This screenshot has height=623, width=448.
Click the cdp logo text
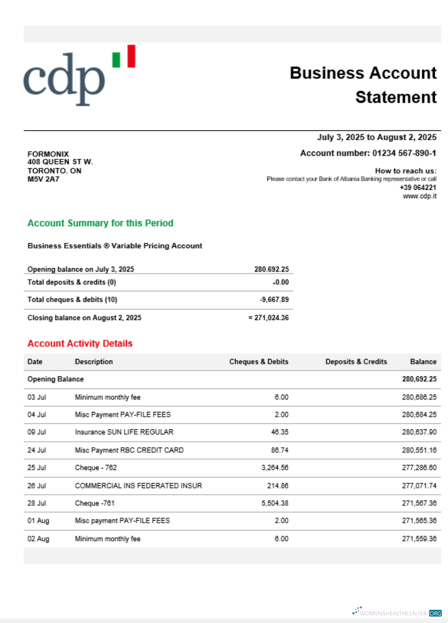pyautogui.click(x=64, y=79)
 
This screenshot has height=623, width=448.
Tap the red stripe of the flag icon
pyautogui.click(x=130, y=55)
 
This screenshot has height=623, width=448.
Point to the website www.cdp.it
pyautogui.click(x=419, y=196)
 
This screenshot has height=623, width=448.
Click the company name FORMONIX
pyautogui.click(x=49, y=154)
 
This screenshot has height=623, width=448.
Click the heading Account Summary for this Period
pyautogui.click(x=100, y=223)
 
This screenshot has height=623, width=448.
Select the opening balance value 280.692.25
pyautogui.click(x=271, y=270)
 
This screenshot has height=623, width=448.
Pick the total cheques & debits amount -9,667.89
pyautogui.click(x=274, y=300)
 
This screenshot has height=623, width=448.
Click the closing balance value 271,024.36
pyautogui.click(x=271, y=318)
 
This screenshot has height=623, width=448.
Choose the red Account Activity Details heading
pyautogui.click(x=80, y=343)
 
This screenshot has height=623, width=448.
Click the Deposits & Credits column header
pyautogui.click(x=356, y=361)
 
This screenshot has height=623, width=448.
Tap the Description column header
pyautogui.click(x=94, y=361)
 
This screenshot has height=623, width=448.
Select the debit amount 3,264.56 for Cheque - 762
pyautogui.click(x=274, y=467)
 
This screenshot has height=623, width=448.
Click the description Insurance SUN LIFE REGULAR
pyautogui.click(x=124, y=432)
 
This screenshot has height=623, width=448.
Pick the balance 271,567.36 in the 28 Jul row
pyautogui.click(x=419, y=503)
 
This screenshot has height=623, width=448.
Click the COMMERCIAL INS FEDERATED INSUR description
pyautogui.click(x=138, y=485)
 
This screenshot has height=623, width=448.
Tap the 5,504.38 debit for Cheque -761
pyautogui.click(x=274, y=503)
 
